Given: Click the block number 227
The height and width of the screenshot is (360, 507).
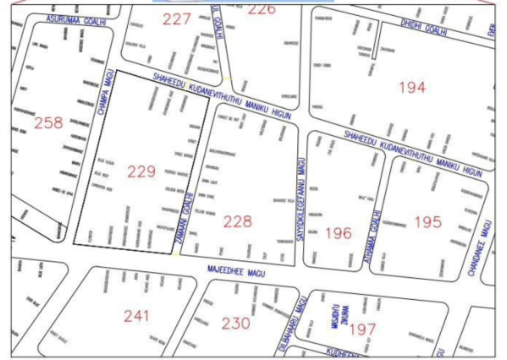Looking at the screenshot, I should [x=176, y=20].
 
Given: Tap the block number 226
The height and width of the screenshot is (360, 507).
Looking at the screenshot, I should [x=262, y=9].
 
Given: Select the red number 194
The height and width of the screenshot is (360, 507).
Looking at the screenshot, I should [x=412, y=88].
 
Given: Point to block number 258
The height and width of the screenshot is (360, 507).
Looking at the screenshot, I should [x=49, y=123].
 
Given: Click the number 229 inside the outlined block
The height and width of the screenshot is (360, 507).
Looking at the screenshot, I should [x=142, y=172].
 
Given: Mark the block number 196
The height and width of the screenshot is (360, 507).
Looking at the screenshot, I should [x=338, y=233].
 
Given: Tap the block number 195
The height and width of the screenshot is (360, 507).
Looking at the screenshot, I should [x=428, y=222].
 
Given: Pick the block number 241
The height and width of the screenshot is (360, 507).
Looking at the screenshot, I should [x=136, y=316].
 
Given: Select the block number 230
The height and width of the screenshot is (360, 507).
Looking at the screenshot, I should [x=236, y=323].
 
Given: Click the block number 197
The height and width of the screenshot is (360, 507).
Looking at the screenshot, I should [x=362, y=329].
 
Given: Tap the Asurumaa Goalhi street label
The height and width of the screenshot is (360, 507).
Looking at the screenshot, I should [x=77, y=20].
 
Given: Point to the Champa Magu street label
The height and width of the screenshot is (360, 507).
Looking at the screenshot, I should [x=105, y=94].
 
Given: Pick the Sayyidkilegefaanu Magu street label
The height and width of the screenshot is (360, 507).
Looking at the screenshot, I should [x=301, y=200].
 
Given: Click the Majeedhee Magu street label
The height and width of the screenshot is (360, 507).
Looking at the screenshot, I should [x=236, y=272].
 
